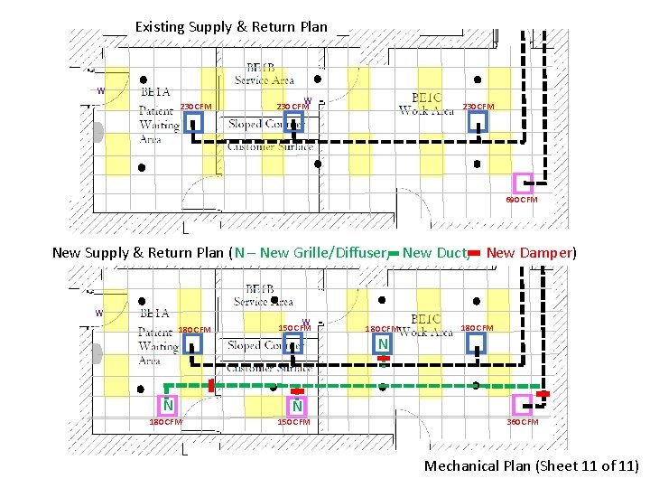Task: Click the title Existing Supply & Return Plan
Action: tap(231, 27)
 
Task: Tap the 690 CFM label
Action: tap(521, 200)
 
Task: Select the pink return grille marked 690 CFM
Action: tap(523, 183)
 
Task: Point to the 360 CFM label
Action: tap(522, 422)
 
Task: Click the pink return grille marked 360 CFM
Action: tap(521, 404)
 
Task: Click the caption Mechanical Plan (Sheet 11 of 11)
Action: tap(532, 466)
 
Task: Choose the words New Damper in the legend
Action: tap(531, 253)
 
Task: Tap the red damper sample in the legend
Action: tap(475, 254)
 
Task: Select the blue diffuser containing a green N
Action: tap(384, 344)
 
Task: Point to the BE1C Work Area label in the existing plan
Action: tap(426, 104)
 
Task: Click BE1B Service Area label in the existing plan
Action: tap(265, 74)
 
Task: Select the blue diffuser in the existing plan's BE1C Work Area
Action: tap(478, 122)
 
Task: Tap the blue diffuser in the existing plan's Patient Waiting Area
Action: tap(193, 122)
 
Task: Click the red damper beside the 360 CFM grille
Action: tap(543, 394)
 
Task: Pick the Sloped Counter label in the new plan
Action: tap(265, 346)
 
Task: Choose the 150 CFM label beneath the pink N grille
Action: tap(294, 422)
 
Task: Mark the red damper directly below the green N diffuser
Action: tap(384, 361)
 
